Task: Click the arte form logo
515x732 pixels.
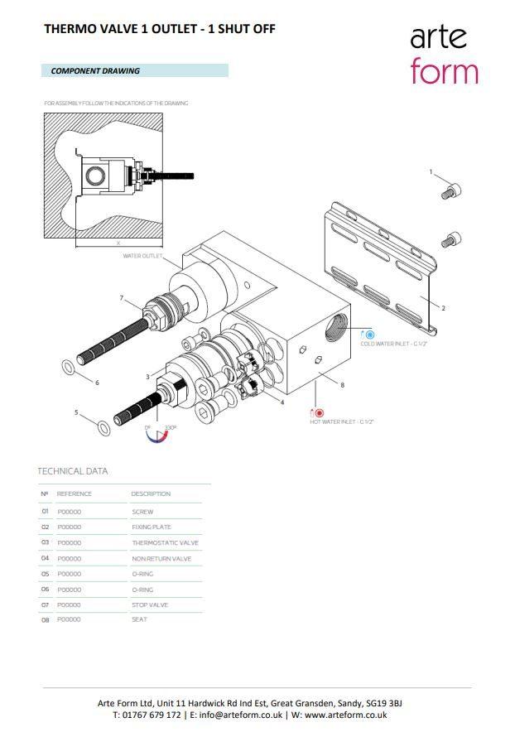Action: [444, 54]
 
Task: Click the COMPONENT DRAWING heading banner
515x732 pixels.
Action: [133, 71]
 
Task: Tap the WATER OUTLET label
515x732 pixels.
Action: [142, 256]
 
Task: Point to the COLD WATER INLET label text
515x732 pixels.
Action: [393, 344]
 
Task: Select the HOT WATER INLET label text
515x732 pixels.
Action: [342, 422]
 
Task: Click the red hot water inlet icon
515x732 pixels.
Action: [318, 412]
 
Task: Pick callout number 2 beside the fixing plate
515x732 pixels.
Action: [443, 308]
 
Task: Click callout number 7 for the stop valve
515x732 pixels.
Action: [121, 297]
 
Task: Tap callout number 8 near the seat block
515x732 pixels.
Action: [342, 384]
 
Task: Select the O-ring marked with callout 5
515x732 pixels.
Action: [103, 428]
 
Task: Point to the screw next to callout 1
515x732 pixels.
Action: [451, 191]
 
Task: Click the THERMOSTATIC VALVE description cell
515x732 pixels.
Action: [165, 543]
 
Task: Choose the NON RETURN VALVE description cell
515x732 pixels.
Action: [161, 559]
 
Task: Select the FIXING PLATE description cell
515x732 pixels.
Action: [152, 527]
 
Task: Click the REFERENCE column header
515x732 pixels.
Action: [75, 494]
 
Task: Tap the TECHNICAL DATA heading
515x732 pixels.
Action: [73, 471]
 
